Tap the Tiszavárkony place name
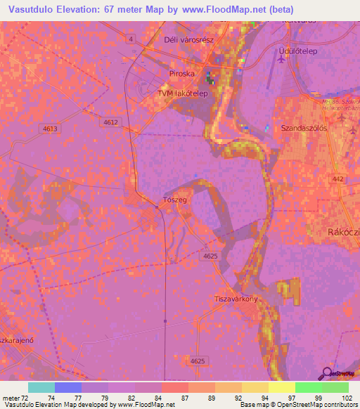click(x=238, y=299)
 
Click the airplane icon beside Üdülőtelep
click(x=283, y=61)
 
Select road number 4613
click(x=50, y=129)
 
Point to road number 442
click(x=339, y=180)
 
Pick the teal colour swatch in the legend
click(x=41, y=387)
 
